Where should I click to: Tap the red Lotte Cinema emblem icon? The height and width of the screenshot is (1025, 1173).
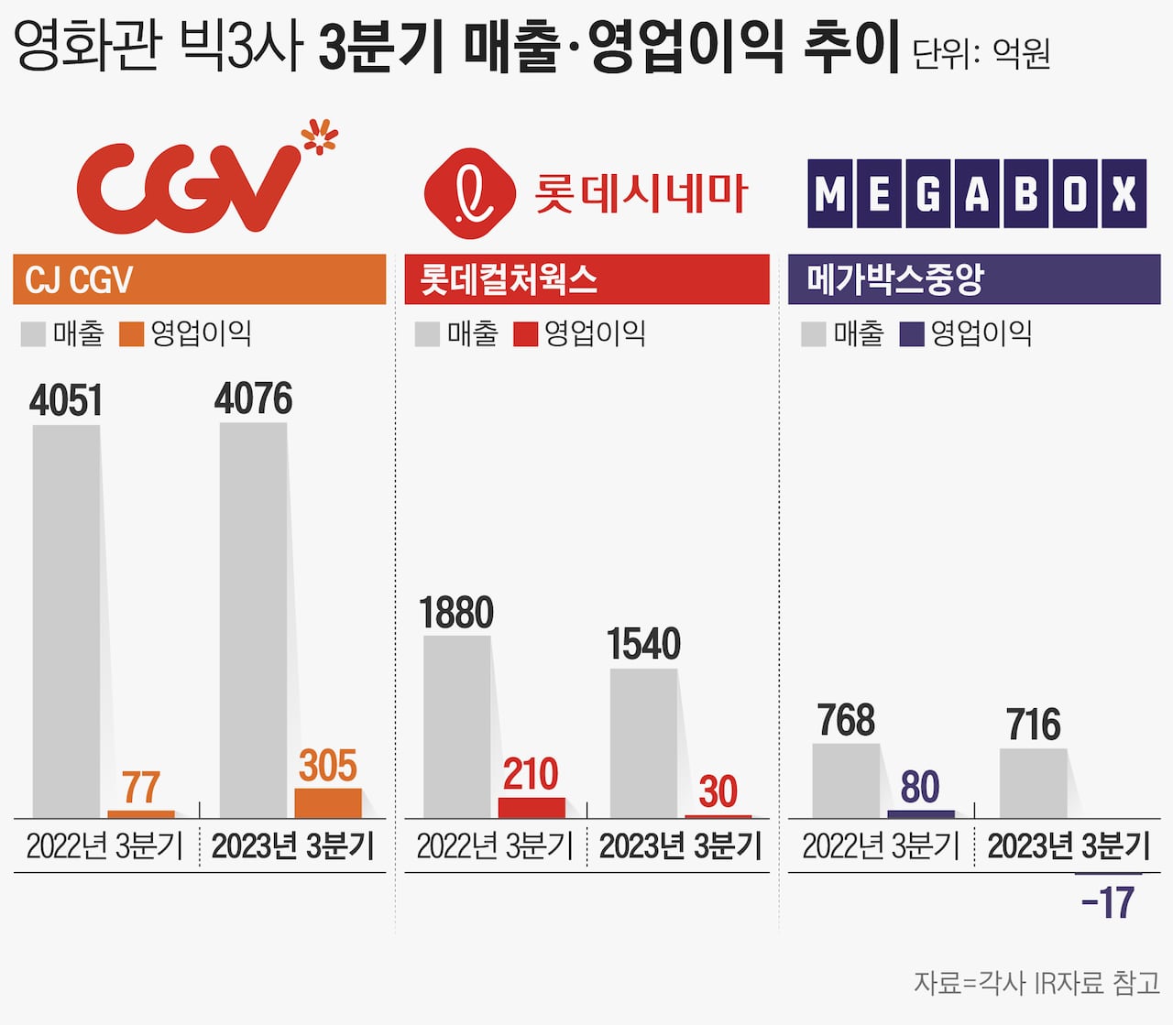click(470, 193)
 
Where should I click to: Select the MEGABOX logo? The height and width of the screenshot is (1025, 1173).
click(977, 193)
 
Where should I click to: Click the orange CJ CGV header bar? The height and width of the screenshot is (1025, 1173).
click(200, 279)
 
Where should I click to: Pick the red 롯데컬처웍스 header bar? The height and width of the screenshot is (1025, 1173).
click(586, 279)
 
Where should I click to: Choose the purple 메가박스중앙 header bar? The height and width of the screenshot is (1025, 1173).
click(974, 279)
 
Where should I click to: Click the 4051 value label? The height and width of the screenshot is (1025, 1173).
click(66, 401)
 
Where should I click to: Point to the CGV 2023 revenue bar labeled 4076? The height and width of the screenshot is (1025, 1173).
click(253, 620)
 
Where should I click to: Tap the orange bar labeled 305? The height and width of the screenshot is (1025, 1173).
click(328, 803)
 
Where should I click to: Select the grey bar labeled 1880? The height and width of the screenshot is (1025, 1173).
click(456, 726)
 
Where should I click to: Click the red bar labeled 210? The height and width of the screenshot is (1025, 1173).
click(532, 808)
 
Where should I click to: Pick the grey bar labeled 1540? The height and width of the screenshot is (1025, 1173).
click(643, 743)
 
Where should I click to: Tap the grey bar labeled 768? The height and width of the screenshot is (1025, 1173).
click(846, 780)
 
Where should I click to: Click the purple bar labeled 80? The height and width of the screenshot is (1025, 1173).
click(921, 813)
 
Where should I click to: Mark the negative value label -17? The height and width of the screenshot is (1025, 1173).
click(1108, 903)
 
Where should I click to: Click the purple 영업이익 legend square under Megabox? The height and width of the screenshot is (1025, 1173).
click(912, 334)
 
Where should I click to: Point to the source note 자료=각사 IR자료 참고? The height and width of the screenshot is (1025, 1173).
click(1036, 983)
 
